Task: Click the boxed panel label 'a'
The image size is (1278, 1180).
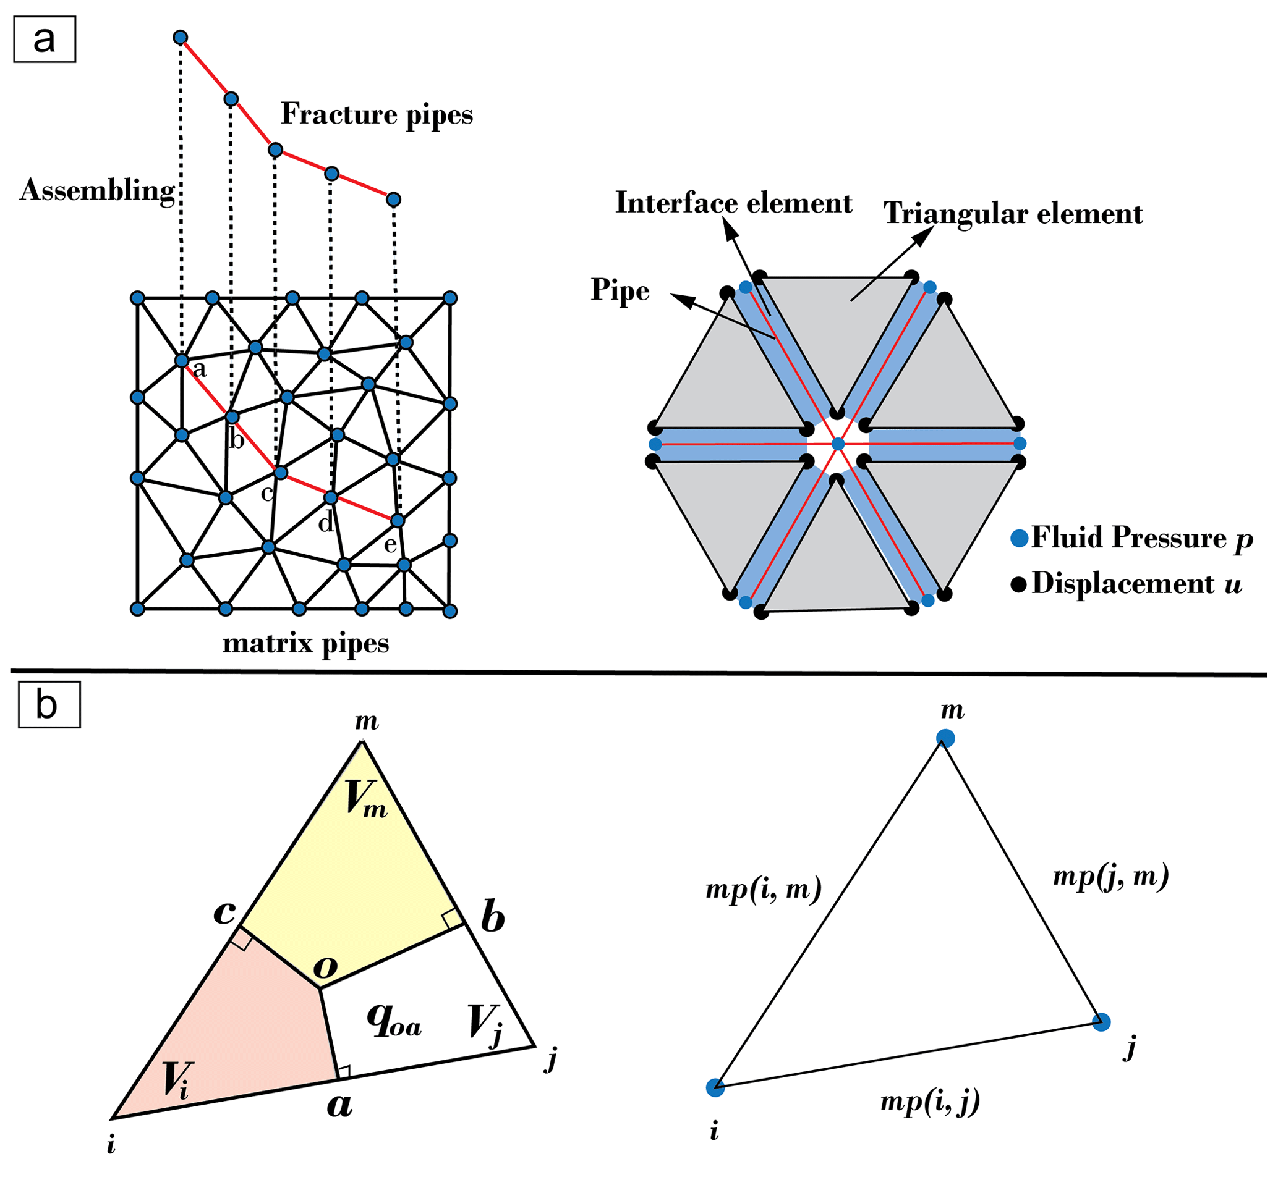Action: (44, 40)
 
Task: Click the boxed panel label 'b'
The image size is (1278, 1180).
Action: (49, 705)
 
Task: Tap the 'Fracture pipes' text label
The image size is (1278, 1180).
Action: (377, 115)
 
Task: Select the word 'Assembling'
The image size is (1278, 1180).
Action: (97, 191)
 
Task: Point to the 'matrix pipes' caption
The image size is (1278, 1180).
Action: (305, 643)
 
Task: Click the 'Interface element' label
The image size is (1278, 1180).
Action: (733, 203)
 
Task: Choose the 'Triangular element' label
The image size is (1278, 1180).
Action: (1013, 214)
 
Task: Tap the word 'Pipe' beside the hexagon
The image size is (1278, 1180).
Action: (620, 290)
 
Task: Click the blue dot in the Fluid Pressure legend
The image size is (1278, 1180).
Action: (1019, 538)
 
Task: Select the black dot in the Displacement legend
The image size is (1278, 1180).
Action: (1018, 584)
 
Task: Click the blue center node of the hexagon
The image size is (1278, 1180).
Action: (838, 444)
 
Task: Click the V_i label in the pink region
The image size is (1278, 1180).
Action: (176, 1080)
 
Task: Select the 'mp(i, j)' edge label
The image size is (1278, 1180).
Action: (930, 1102)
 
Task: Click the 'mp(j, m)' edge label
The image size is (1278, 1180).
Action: (1110, 877)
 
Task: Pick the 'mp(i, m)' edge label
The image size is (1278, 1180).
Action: (763, 889)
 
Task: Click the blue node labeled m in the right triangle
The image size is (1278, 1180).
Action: (945, 739)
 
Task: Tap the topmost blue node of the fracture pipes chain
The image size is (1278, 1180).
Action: (180, 38)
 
